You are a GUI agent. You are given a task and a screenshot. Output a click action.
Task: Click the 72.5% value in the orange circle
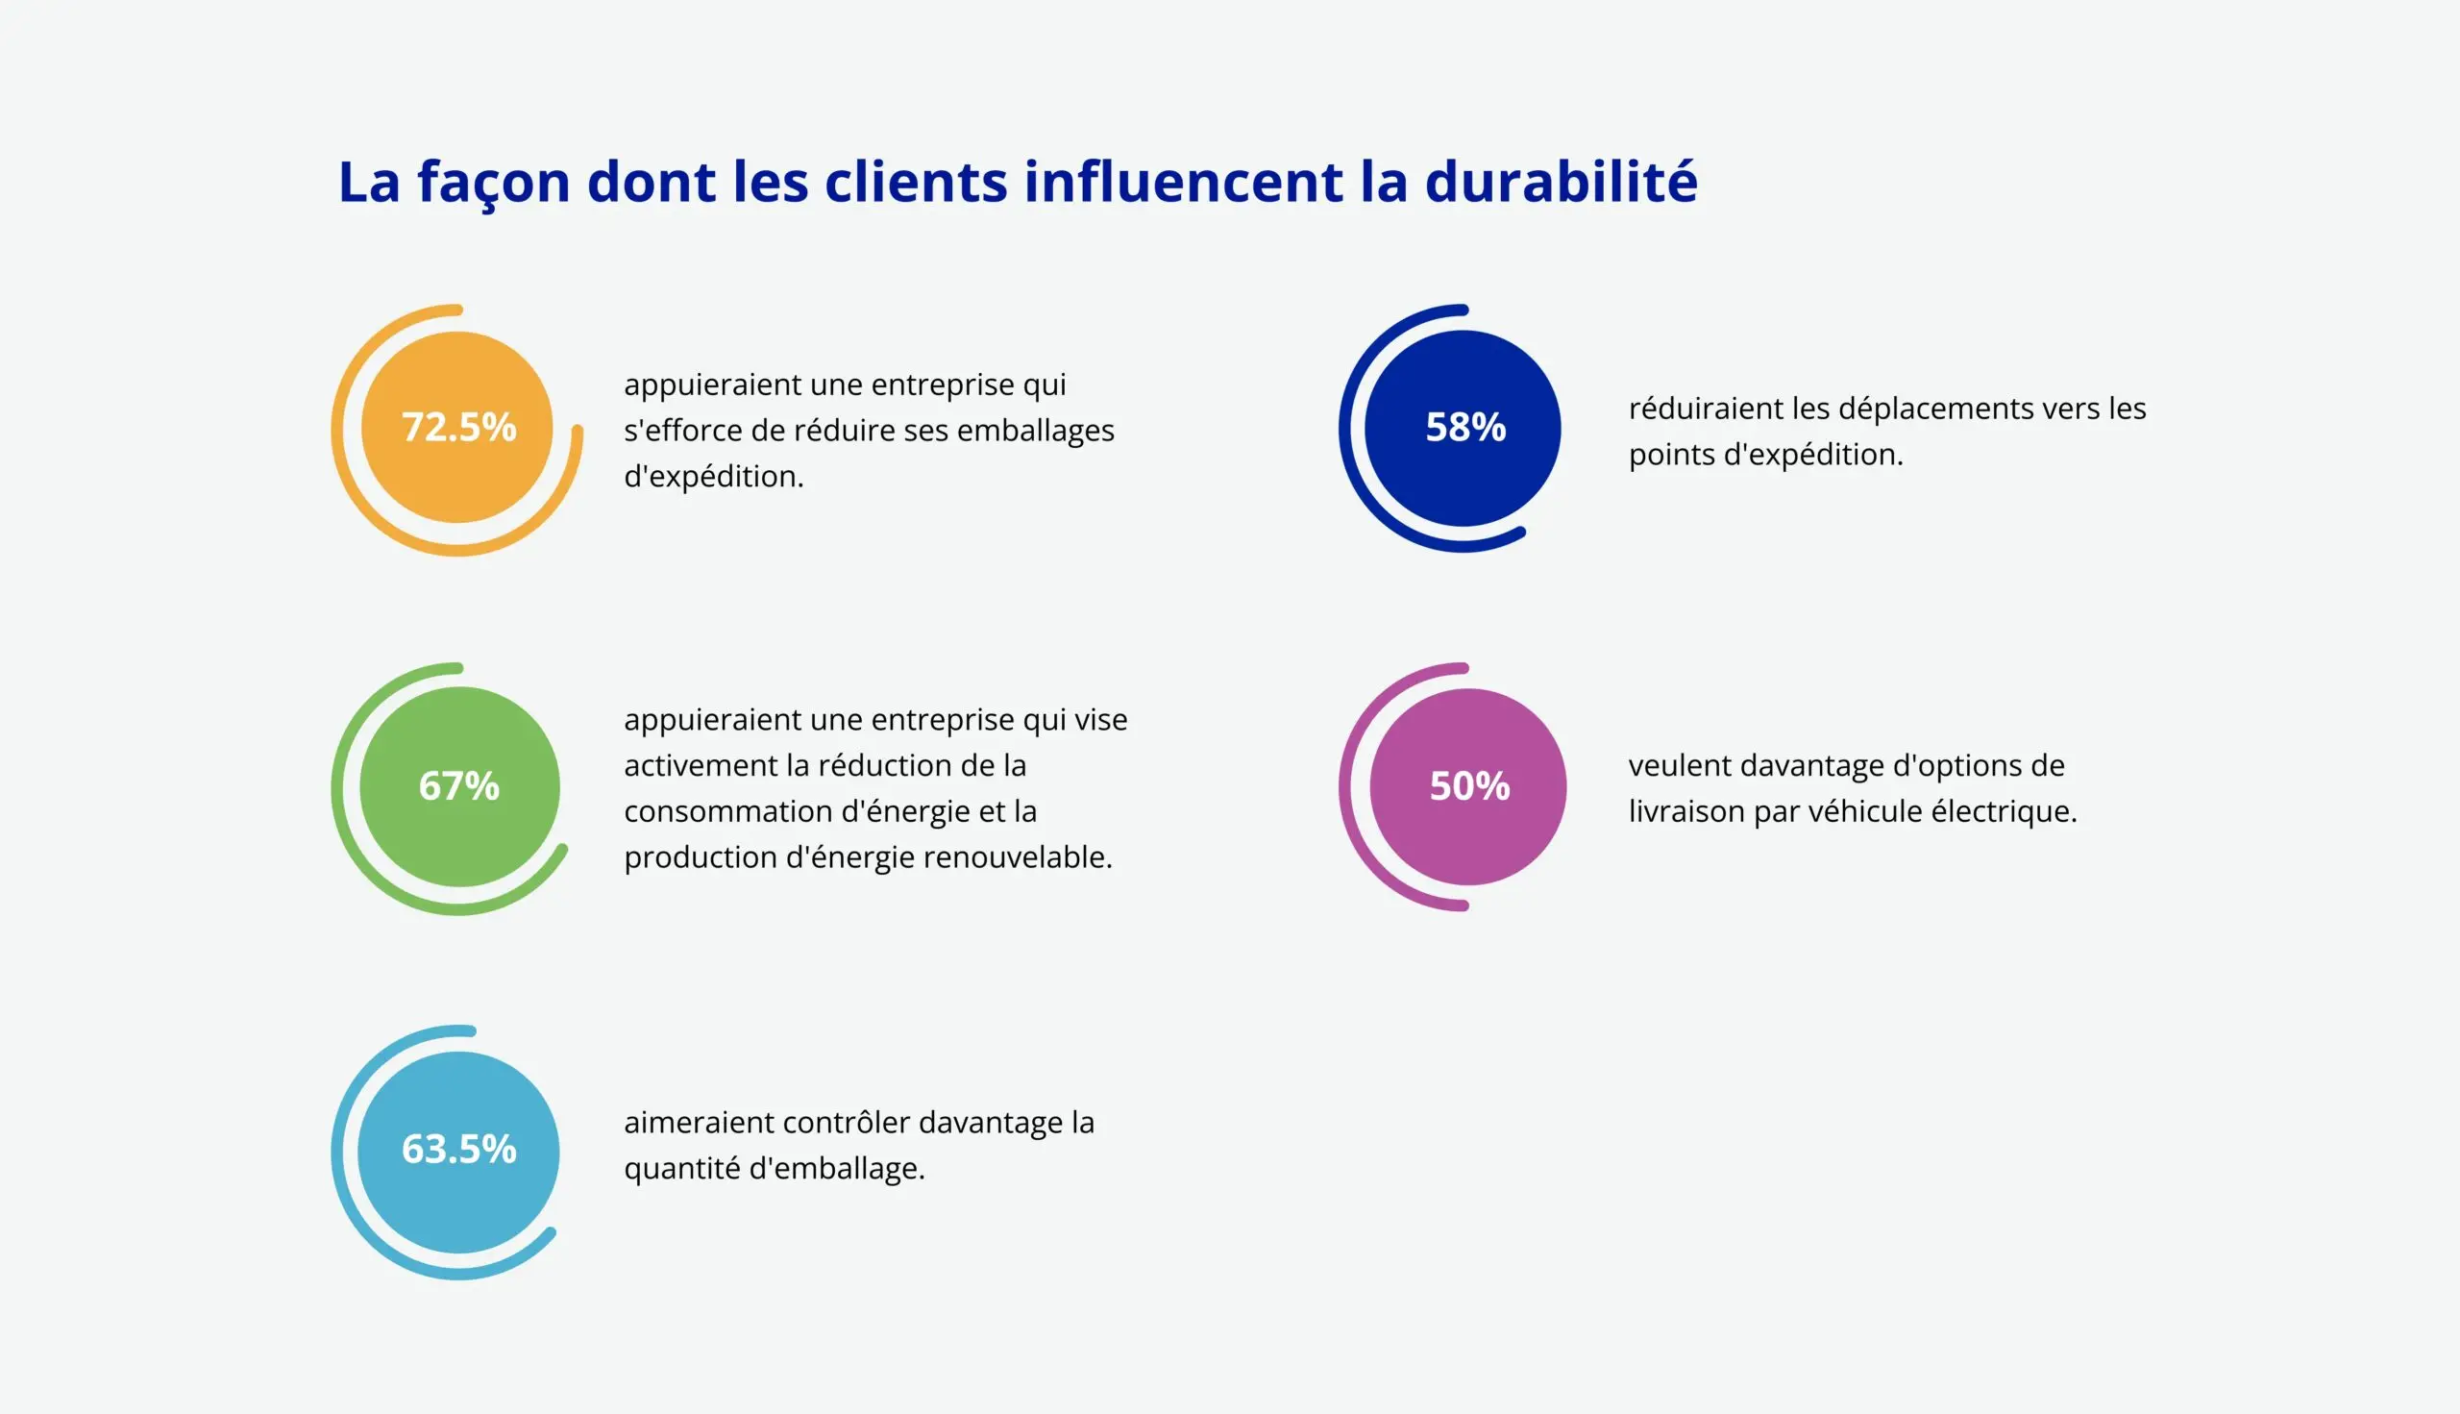click(x=458, y=428)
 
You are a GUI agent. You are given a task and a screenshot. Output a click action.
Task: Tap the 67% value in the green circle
click(x=458, y=785)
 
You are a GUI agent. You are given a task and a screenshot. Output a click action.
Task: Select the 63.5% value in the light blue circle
click(x=458, y=1149)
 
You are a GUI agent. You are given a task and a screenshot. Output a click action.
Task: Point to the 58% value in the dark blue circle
click(x=1464, y=428)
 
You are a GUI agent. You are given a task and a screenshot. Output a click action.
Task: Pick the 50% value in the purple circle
click(x=1469, y=785)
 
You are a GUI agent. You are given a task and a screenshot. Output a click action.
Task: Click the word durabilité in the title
click(x=1560, y=182)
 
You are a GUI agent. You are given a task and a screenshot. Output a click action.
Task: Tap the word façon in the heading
click(x=493, y=182)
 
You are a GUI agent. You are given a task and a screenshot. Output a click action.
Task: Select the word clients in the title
click(x=916, y=182)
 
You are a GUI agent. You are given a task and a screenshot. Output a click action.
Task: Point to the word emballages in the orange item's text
click(x=1035, y=431)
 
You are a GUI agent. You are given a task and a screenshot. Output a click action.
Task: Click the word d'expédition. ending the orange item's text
click(x=714, y=477)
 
